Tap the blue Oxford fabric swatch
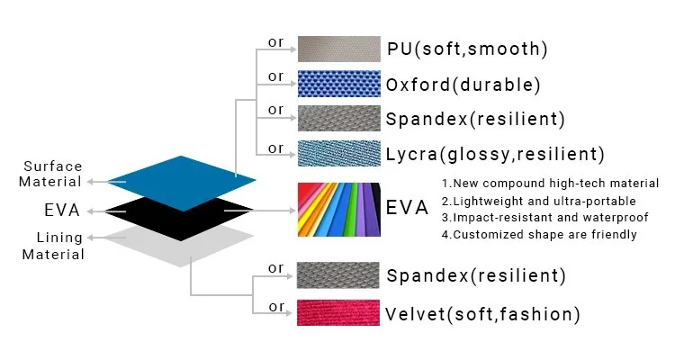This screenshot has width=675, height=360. [x=337, y=85]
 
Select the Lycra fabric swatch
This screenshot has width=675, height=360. [x=337, y=153]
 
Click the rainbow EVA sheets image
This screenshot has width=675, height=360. [x=337, y=210]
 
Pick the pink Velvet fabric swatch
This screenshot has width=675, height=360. [x=337, y=312]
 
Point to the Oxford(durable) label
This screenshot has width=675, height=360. [x=463, y=85]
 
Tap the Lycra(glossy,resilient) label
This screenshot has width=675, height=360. [x=495, y=154]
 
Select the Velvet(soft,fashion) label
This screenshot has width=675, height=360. [x=482, y=314]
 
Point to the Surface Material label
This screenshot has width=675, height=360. [x=53, y=174]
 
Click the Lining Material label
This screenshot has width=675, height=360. [x=53, y=246]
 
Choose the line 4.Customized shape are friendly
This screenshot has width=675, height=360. [x=539, y=235]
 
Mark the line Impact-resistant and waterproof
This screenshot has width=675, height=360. [x=539, y=218]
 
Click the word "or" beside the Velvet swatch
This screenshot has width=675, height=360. [x=276, y=307]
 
